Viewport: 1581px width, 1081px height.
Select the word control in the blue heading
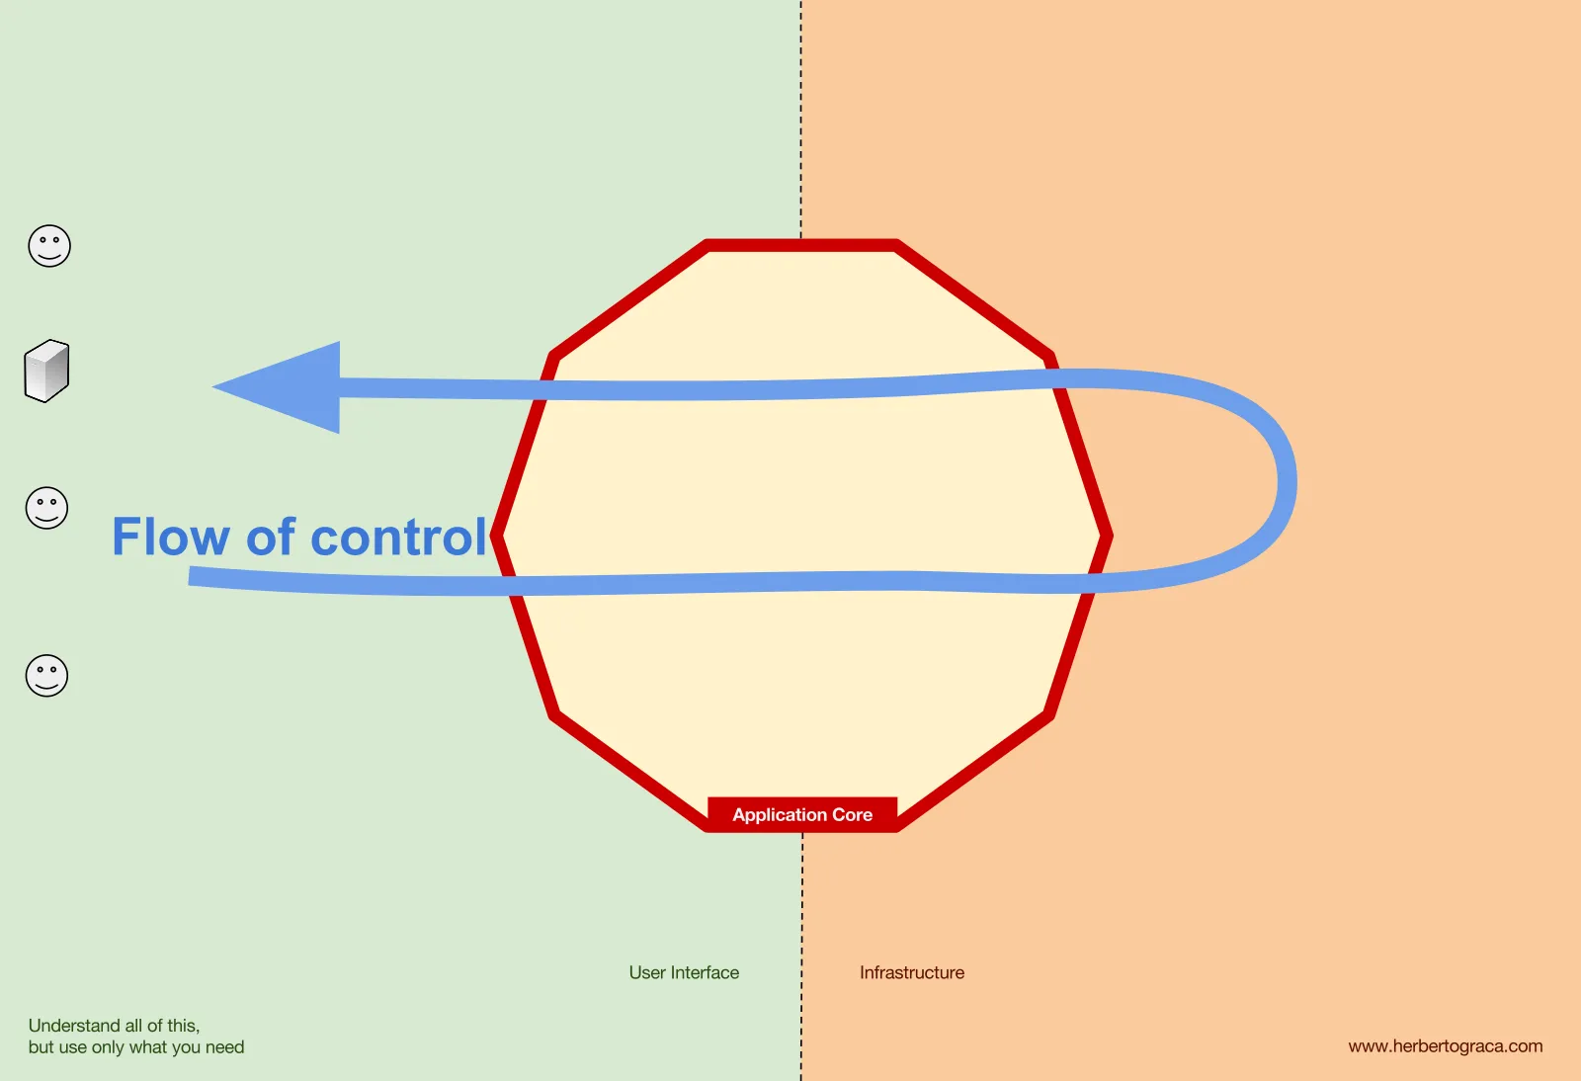399,537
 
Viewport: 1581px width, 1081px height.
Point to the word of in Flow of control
271,537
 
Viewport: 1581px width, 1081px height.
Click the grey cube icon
46,372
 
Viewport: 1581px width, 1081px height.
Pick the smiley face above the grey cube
49,246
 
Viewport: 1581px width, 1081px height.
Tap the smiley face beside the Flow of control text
46,508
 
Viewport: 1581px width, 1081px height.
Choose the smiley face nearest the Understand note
46,676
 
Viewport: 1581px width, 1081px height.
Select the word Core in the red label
853,814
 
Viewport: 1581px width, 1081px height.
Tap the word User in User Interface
647,972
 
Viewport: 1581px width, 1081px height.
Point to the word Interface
705,972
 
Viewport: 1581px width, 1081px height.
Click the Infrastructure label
912,972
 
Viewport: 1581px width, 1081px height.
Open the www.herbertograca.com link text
1446,1045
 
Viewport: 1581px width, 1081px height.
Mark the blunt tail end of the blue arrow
189,576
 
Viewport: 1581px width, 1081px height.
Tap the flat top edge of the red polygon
801,246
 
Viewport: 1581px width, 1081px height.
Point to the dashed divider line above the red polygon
801,120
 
